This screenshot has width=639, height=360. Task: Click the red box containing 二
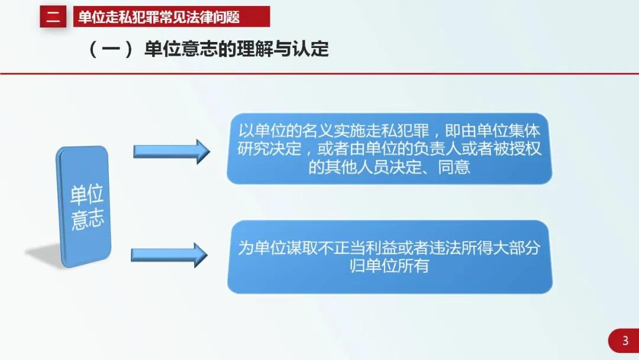click(x=53, y=17)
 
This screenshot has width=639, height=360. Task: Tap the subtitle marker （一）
click(x=111, y=49)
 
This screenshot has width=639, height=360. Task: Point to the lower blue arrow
click(x=169, y=255)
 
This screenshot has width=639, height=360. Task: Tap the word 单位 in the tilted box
click(x=87, y=195)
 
